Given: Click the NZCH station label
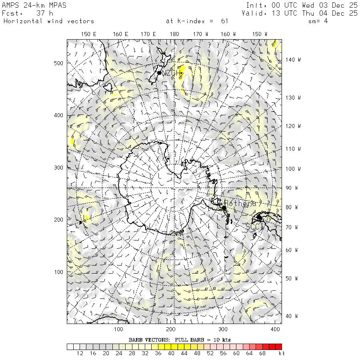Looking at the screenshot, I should click(169, 73).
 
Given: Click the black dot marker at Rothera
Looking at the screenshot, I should click(224, 208).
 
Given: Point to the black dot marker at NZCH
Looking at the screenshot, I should click(159, 73).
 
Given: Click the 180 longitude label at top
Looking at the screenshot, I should click(174, 34).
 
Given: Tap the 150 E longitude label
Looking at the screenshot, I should click(89, 34).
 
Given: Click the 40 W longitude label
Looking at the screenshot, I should click(291, 316).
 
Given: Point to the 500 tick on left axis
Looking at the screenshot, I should click(59, 63).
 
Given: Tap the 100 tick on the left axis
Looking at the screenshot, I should click(59, 272).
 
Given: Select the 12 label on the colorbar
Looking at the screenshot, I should click(80, 354).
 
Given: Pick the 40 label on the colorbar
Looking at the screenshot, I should click(171, 354).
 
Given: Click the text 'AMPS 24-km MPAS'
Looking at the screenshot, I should click(34, 5).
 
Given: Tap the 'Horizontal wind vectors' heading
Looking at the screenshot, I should click(49, 21).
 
